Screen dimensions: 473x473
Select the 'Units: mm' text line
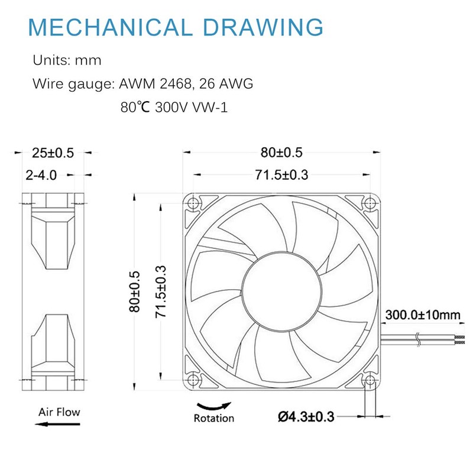tap(67, 60)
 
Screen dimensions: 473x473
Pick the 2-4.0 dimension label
tap(41, 175)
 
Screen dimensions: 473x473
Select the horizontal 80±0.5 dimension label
tap(281, 153)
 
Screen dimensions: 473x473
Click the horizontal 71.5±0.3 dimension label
tap(281, 174)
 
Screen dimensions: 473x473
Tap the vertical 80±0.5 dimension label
tap(135, 291)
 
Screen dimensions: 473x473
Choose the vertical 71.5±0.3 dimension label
tap(160, 291)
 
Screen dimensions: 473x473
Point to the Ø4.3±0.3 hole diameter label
tap(306, 417)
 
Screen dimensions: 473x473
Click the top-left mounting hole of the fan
tap(192, 203)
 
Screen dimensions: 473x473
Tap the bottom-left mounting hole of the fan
tap(192, 379)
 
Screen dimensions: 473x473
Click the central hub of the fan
tap(281, 291)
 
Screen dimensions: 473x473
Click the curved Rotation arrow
tap(214, 405)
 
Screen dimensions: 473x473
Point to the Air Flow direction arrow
tap(52, 424)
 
